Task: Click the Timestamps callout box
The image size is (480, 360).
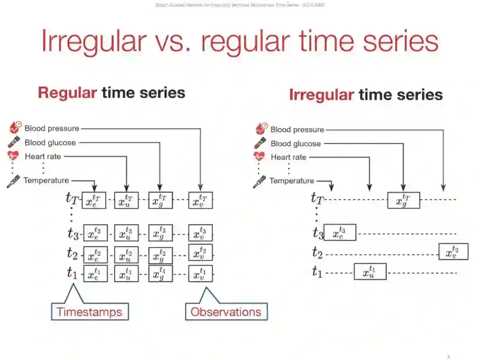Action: tap(89, 312)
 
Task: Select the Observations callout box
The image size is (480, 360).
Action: tap(226, 312)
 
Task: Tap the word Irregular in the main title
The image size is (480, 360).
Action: tap(93, 41)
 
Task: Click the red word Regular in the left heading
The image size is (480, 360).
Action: tap(67, 92)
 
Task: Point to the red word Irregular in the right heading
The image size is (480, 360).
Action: tap(321, 94)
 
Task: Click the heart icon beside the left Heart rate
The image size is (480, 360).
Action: tap(13, 156)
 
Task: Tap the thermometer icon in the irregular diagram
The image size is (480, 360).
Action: tap(259, 181)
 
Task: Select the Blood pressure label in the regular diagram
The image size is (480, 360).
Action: tap(52, 128)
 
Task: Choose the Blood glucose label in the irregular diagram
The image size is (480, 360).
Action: tap(296, 144)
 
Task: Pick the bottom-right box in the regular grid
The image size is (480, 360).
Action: tap(200, 273)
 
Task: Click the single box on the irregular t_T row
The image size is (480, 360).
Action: tap(404, 200)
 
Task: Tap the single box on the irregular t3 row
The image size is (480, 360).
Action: tap(340, 232)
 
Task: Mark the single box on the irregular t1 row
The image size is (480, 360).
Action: tap(370, 272)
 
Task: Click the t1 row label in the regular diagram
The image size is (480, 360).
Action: tap(72, 272)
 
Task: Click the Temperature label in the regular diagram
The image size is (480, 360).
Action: tap(46, 180)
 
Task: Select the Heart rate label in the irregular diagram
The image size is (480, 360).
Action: tap(288, 157)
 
